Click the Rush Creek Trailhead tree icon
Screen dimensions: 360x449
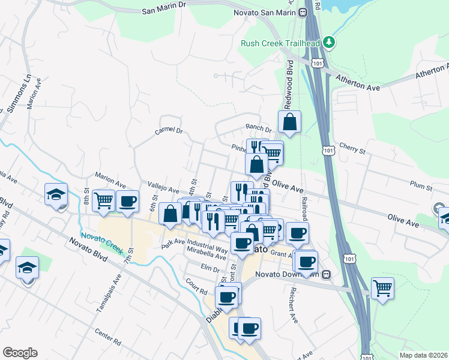tap(328, 42)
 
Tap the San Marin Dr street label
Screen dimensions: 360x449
tap(165, 11)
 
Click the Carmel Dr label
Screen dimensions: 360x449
tap(168, 130)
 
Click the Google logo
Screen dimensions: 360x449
tap(20, 353)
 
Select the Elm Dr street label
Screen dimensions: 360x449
tap(211, 267)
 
